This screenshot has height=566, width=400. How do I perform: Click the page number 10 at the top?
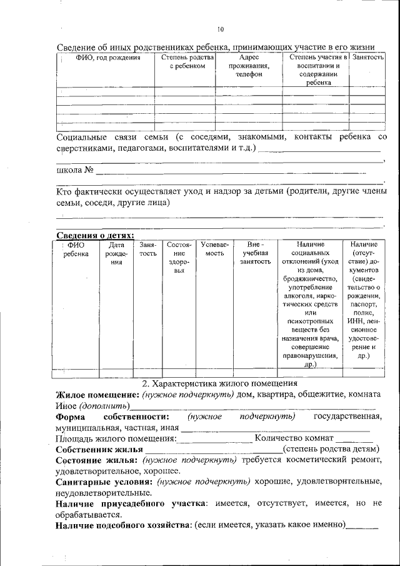(220, 29)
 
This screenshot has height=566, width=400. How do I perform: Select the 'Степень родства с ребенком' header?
(187, 62)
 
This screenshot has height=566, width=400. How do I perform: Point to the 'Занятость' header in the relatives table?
(367, 58)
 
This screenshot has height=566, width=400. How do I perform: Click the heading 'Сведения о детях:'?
(95, 235)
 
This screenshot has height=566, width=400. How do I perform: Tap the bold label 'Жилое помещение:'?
(97, 395)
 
